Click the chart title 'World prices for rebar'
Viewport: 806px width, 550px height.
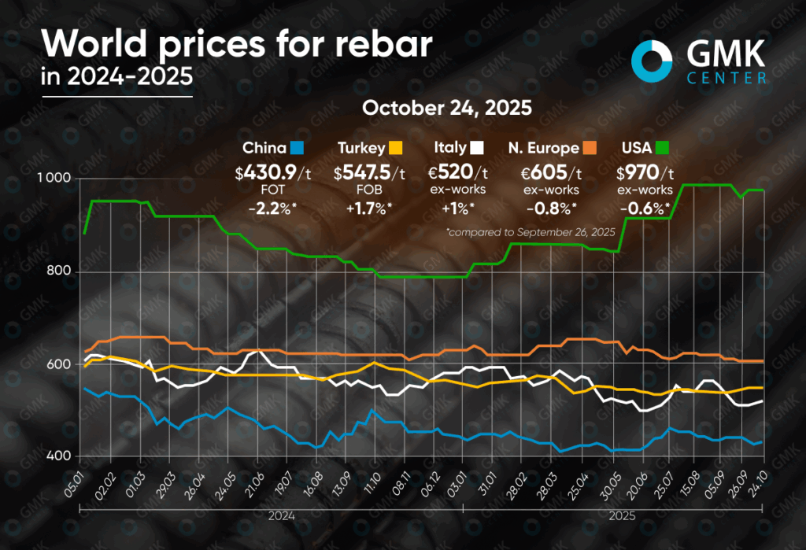236,44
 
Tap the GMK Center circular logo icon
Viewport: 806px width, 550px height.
652,60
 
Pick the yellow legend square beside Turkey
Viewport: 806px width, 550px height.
397,147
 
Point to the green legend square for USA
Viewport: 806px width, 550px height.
663,147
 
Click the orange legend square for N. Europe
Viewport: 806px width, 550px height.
590,147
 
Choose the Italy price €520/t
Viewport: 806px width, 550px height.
461,173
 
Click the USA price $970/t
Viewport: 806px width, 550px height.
644,173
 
